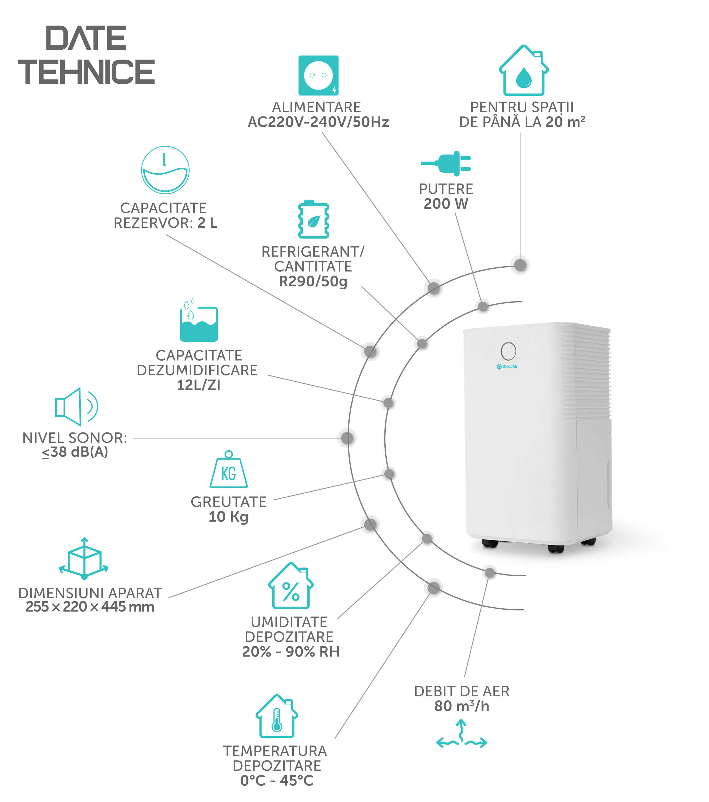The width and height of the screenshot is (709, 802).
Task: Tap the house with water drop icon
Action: pyautogui.click(x=523, y=70)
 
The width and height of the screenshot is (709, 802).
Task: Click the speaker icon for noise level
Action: pyautogui.click(x=77, y=407)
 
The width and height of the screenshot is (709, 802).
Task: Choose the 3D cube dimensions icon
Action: pyautogui.click(x=84, y=558)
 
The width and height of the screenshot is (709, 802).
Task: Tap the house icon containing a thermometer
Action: pyautogui.click(x=277, y=716)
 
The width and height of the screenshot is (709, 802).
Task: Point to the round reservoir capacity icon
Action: pyautogui.click(x=165, y=170)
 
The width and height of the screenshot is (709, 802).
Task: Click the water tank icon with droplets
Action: pyautogui.click(x=199, y=320)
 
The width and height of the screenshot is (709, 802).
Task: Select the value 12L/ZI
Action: pyautogui.click(x=199, y=385)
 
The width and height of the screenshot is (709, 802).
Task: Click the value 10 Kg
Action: pyautogui.click(x=229, y=517)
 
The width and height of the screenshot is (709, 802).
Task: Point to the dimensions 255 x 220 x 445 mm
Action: pyautogui.click(x=90, y=607)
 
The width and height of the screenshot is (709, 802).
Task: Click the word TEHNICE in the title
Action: pyautogui.click(x=86, y=72)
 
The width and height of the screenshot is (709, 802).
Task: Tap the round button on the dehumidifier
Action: pyautogui.click(x=508, y=351)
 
